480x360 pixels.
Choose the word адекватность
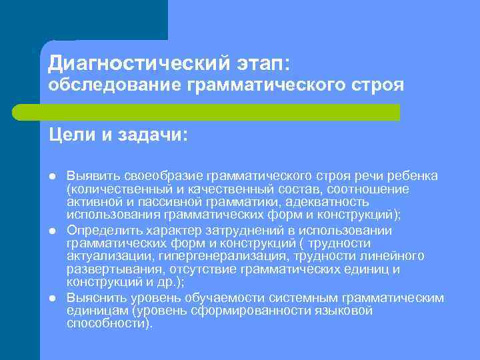[x=331, y=202]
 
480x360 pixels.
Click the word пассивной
[x=176, y=202]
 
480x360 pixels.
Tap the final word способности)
[x=109, y=324]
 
